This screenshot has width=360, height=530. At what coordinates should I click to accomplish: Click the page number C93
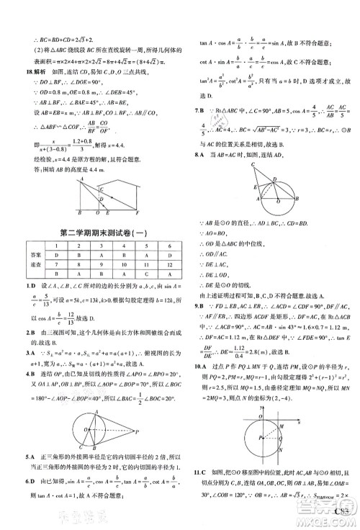(x=343, y=519)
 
